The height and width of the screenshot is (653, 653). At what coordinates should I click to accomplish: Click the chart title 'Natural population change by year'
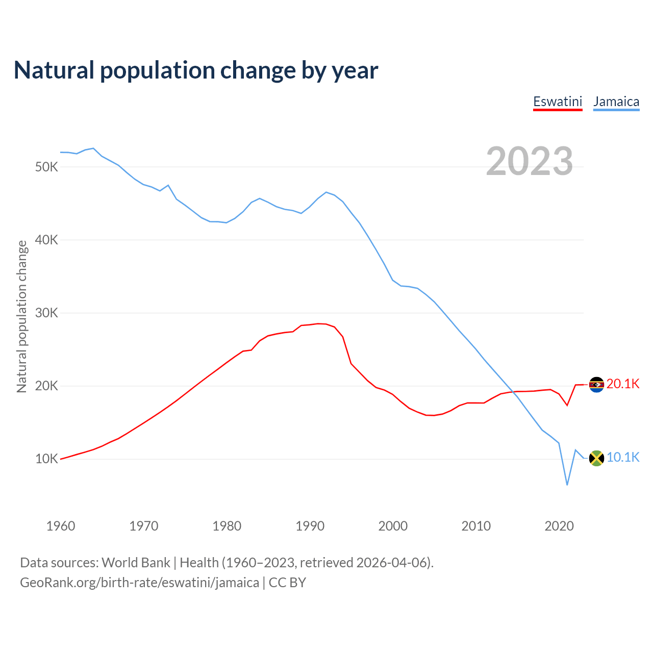pos(196,70)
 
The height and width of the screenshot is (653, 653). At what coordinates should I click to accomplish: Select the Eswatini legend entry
pos(558,102)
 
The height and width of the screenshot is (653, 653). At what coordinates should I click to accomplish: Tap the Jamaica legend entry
pos(616,102)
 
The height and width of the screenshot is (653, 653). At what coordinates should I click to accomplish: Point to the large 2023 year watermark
pos(529,161)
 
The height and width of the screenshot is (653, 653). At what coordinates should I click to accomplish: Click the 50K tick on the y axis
pos(47,167)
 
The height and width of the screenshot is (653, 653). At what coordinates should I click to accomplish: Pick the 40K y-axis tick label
pos(47,240)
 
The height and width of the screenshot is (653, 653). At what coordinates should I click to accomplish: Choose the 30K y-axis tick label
pos(47,313)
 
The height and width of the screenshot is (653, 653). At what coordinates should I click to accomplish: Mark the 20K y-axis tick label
pos(47,386)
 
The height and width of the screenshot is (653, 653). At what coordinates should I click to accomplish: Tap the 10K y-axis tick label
pos(47,459)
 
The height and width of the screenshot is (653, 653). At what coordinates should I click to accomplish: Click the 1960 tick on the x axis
pos(61,526)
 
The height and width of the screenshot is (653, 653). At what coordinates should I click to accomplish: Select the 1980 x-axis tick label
pos(227,526)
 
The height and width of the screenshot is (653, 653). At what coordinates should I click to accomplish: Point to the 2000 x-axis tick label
pos(393,526)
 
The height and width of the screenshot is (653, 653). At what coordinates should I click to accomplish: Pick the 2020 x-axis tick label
pos(559,526)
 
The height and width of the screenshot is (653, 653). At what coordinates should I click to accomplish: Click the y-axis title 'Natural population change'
pos(22,316)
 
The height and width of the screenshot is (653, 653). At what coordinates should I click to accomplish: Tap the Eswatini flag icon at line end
pos(596,385)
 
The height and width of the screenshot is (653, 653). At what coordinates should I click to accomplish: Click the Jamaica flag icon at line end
pos(596,458)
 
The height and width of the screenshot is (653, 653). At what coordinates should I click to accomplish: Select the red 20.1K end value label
pos(623,384)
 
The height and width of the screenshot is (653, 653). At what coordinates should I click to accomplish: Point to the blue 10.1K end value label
pos(623,457)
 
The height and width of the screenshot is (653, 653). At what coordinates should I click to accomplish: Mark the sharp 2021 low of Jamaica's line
pos(567,484)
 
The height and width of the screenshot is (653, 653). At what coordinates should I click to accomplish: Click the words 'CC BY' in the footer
pos(287,583)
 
